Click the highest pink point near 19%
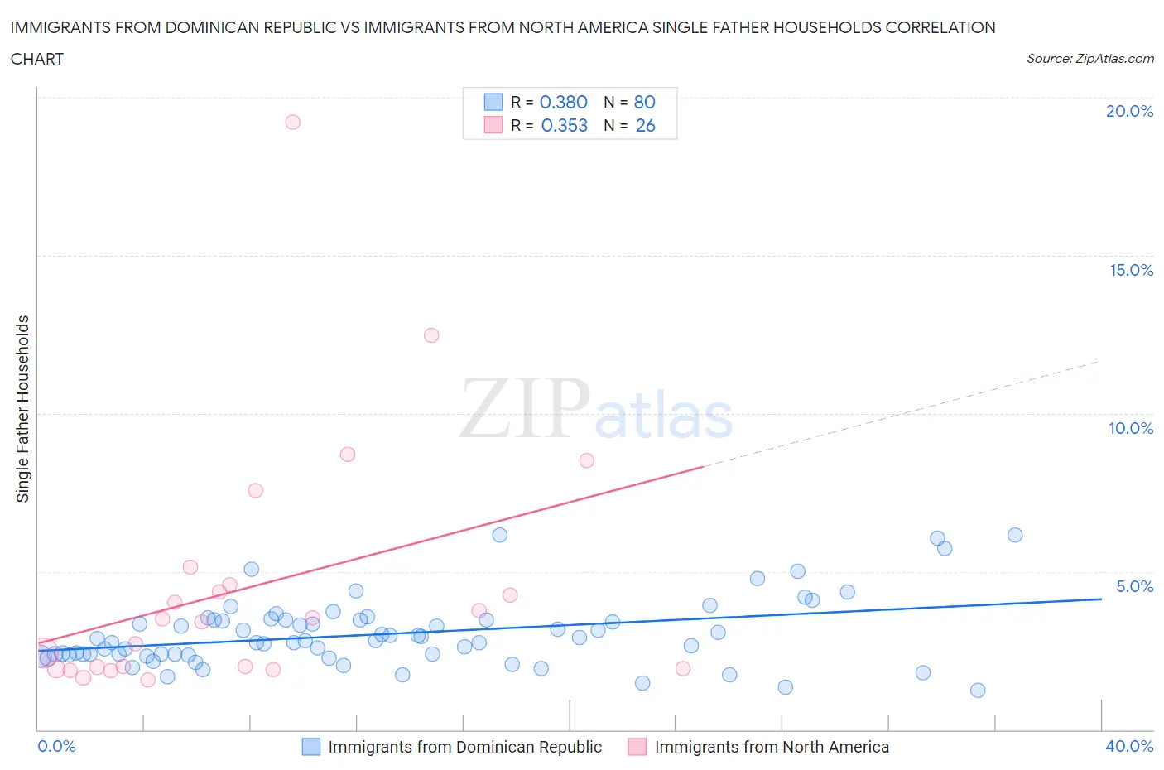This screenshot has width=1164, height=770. [x=292, y=122]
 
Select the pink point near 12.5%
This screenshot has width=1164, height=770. [x=431, y=335]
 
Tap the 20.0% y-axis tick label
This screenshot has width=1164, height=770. [x=1129, y=111]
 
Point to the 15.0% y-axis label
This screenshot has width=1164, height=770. [x=1131, y=270]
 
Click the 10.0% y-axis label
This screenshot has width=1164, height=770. [x=1131, y=428]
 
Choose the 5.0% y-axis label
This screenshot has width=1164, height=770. [x=1134, y=586]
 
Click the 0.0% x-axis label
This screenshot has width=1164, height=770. [x=56, y=746]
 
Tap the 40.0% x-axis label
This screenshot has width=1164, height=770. [x=1129, y=746]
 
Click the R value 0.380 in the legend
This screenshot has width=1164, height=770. [x=563, y=102]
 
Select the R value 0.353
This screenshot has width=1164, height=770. [x=564, y=125]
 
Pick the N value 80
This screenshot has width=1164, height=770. [x=644, y=102]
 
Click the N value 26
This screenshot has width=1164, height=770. [x=645, y=125]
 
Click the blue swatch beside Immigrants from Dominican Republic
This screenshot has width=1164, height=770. [x=310, y=747]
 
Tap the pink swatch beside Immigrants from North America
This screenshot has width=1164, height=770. [x=637, y=747]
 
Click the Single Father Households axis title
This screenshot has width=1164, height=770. [x=22, y=408]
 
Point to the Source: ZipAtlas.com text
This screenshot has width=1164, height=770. [x=1089, y=58]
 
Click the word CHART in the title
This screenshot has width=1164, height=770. [x=37, y=59]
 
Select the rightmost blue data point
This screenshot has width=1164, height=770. [x=1015, y=535]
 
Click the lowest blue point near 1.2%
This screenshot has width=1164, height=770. [x=978, y=691]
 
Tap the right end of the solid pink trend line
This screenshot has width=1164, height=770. [x=703, y=467]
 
